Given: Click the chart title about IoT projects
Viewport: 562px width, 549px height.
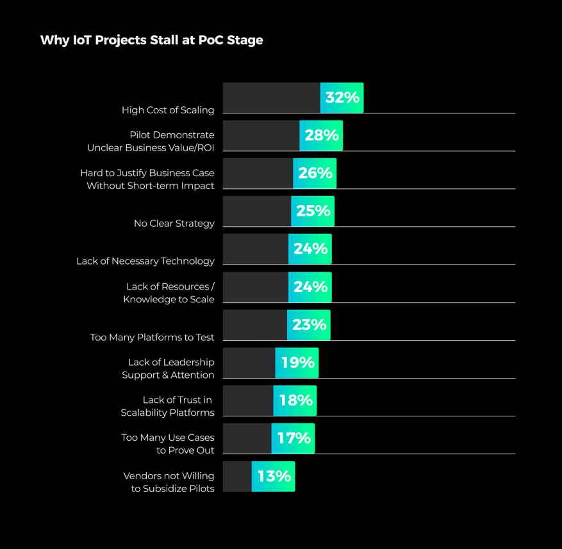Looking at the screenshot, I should coord(151,40).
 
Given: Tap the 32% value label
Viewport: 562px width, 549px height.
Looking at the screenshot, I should coord(342,98).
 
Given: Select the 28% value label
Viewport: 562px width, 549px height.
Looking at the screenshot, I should coord(322,135).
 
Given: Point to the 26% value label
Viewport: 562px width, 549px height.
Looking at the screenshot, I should coord(315,173).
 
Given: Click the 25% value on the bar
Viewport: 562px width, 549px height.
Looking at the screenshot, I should coord(313,211).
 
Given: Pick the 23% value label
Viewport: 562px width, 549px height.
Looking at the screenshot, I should coord(310,325).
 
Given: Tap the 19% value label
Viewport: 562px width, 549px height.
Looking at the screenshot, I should coord(297,363).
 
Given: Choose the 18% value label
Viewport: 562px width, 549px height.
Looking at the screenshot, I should coord(295,400).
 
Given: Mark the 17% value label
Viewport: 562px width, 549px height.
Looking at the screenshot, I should coord(293,438).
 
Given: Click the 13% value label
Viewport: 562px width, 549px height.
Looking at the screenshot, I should coord(274,476).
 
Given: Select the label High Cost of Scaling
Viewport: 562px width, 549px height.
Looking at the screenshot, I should coord(168,110).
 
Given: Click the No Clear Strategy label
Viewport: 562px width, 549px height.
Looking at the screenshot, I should coord(174,224).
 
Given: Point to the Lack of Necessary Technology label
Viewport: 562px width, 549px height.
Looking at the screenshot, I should coord(145,261).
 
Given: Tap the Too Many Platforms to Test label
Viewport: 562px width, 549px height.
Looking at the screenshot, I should coord(153,338).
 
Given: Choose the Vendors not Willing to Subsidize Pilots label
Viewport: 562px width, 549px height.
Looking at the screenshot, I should coord(169,482).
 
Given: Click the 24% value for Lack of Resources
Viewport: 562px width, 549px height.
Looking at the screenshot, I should coord(311,287).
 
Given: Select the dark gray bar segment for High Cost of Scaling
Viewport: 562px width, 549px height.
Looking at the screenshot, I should coord(271,98).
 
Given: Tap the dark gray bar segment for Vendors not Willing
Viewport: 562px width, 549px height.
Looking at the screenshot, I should coord(237,476).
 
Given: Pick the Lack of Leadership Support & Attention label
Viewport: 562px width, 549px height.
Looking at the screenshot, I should coord(168,369).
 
